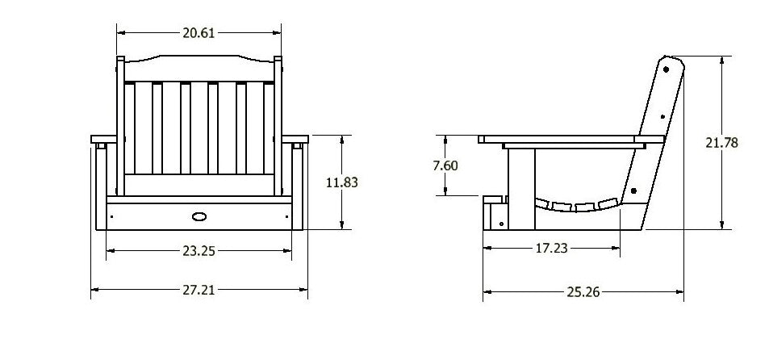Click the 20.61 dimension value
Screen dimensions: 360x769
pyautogui.click(x=199, y=33)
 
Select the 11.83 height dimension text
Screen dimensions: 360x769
pyautogui.click(x=341, y=182)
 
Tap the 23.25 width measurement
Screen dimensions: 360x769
pyautogui.click(x=198, y=251)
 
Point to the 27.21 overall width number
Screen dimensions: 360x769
pyautogui.click(x=198, y=289)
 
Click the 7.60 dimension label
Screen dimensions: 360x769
pyautogui.click(x=445, y=165)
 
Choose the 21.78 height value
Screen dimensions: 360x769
pyautogui.click(x=721, y=143)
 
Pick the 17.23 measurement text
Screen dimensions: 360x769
pyautogui.click(x=551, y=249)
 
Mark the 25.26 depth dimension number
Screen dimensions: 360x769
pyautogui.click(x=583, y=292)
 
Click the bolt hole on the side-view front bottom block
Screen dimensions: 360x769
pyautogui.click(x=502, y=222)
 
